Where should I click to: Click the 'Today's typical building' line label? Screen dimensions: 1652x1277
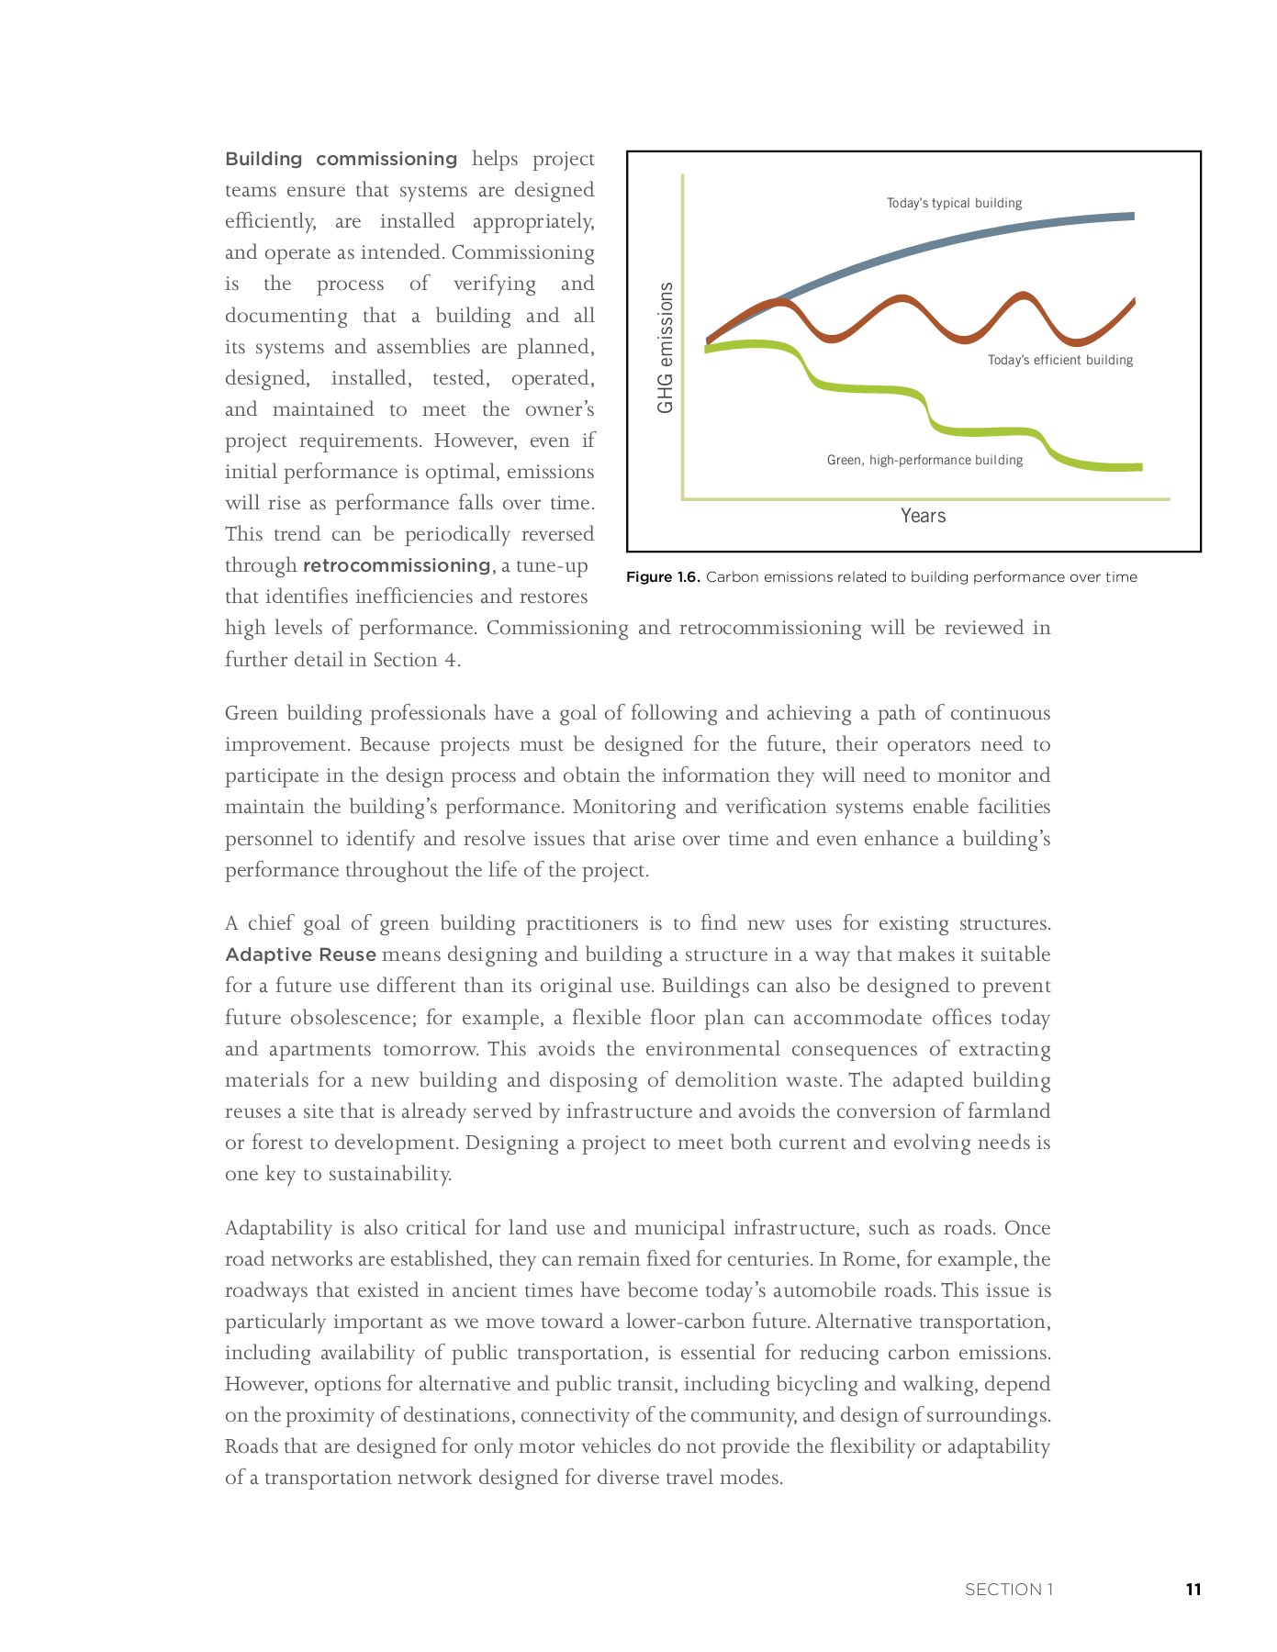tap(954, 203)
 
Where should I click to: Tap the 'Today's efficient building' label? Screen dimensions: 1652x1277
tap(1059, 360)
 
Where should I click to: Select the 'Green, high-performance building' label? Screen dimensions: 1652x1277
tap(924, 460)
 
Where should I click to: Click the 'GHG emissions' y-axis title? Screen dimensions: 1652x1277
tap(666, 347)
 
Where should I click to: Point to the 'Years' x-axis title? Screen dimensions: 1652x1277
tap(923, 516)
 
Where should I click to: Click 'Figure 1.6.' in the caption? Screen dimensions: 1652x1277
tap(663, 577)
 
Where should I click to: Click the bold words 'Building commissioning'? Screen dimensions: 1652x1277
tap(341, 159)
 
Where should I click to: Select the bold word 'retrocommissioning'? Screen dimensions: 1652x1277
tap(397, 565)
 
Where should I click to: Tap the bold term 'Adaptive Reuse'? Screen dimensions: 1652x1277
tap(300, 954)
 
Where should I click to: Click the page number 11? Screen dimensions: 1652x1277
tap(1193, 1590)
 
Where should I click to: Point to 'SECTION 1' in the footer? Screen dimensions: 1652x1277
tap(1008, 1590)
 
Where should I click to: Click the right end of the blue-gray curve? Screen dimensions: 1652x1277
tap(1132, 217)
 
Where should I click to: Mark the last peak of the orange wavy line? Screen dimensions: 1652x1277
tap(1023, 296)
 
